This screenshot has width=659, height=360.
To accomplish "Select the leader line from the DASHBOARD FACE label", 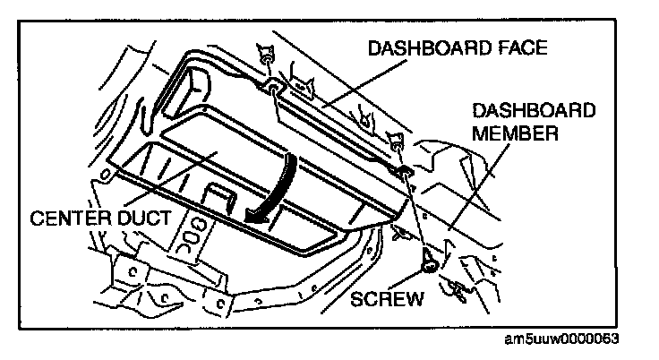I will tap(349, 80).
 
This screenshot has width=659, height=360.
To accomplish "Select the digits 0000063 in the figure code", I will tap(594, 340).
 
